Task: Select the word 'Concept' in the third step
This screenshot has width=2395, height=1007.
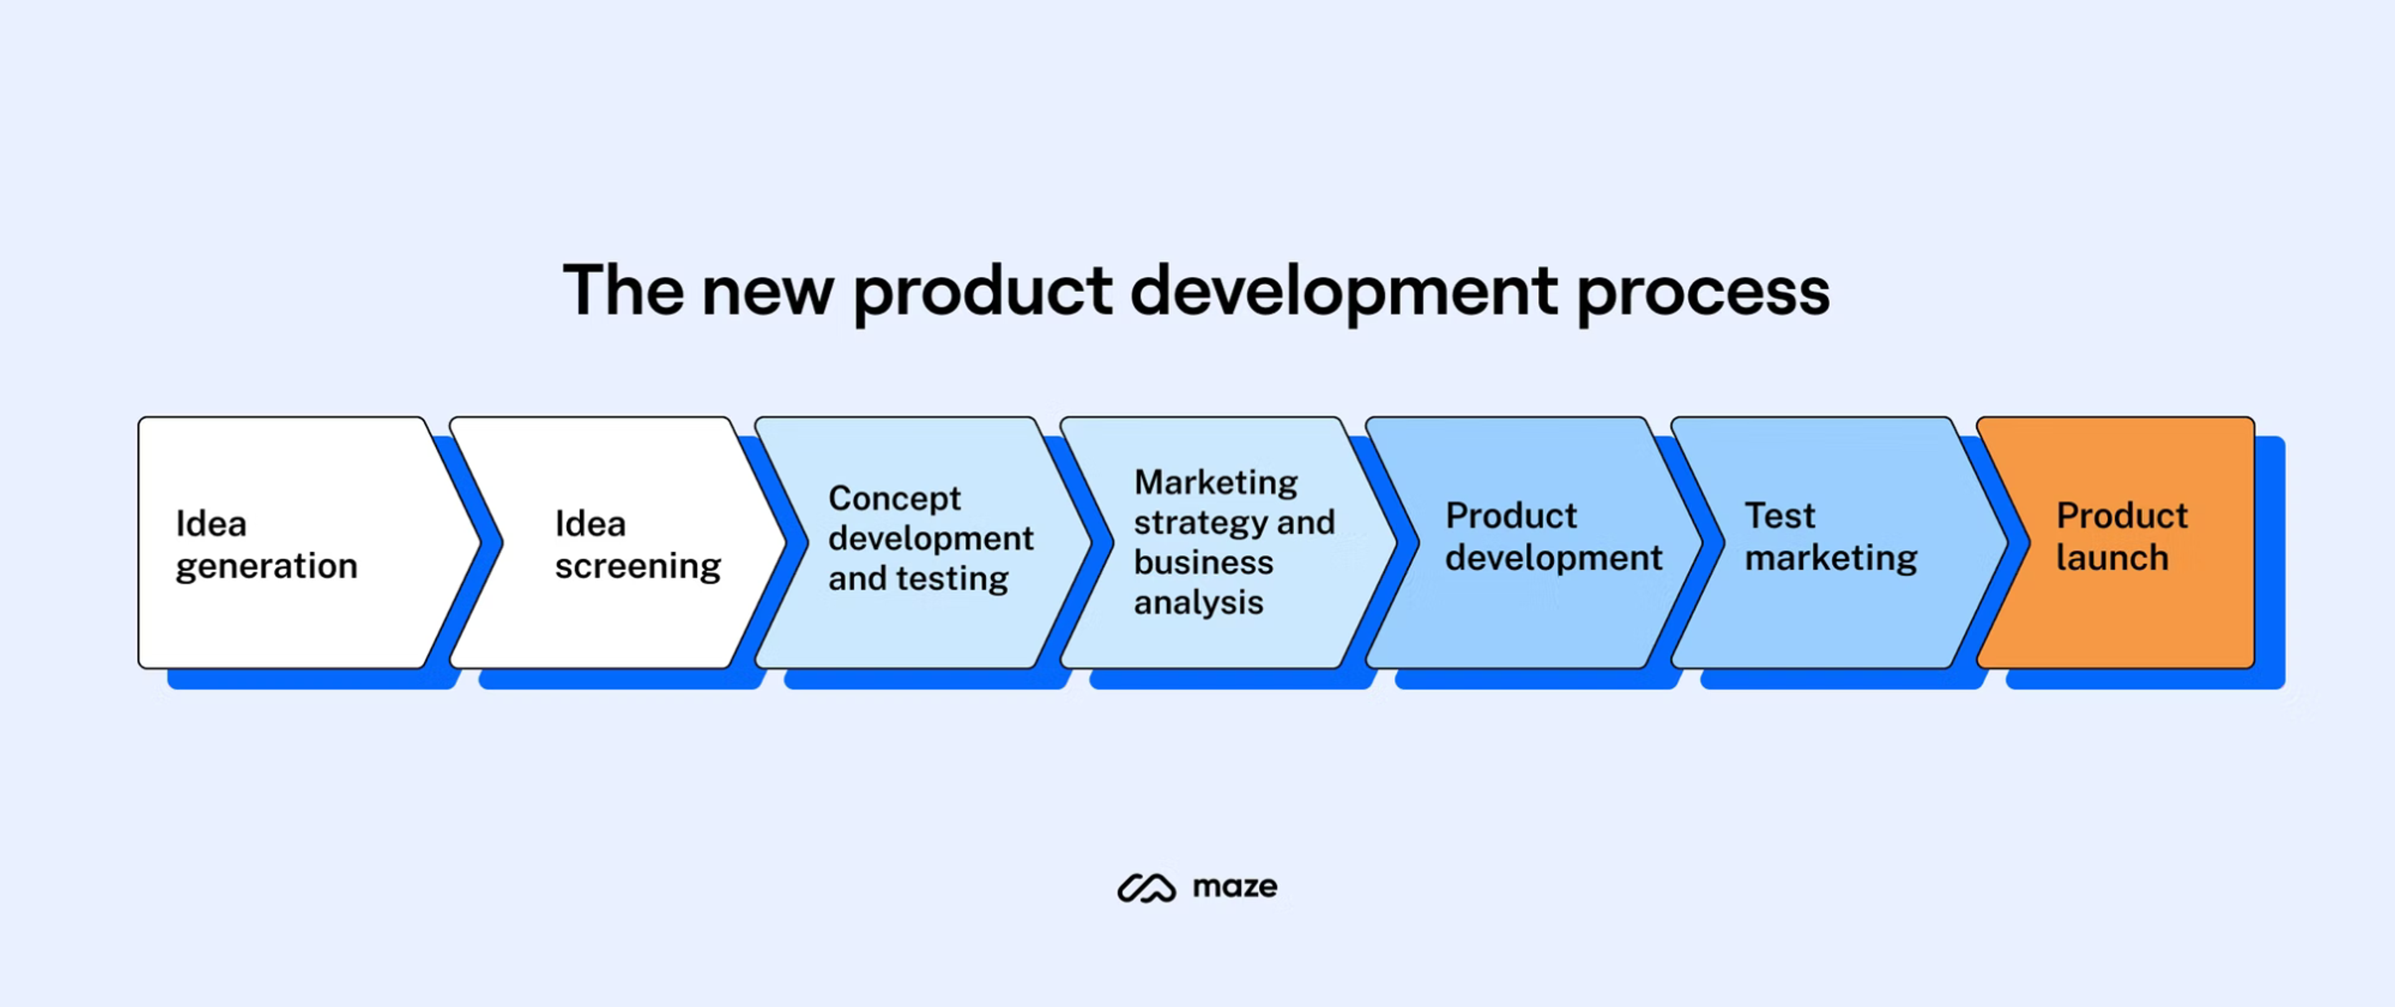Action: (894, 499)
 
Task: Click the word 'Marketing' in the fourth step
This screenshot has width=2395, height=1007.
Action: (1215, 482)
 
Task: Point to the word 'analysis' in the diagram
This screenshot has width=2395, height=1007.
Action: (1197, 603)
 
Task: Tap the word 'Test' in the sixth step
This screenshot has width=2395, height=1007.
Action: (1779, 515)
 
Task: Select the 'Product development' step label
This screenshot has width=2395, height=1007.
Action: (1552, 537)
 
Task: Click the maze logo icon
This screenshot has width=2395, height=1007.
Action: (1146, 888)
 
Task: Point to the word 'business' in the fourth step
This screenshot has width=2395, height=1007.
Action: (1203, 563)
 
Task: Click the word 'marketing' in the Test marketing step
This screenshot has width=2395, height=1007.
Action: (1830, 558)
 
